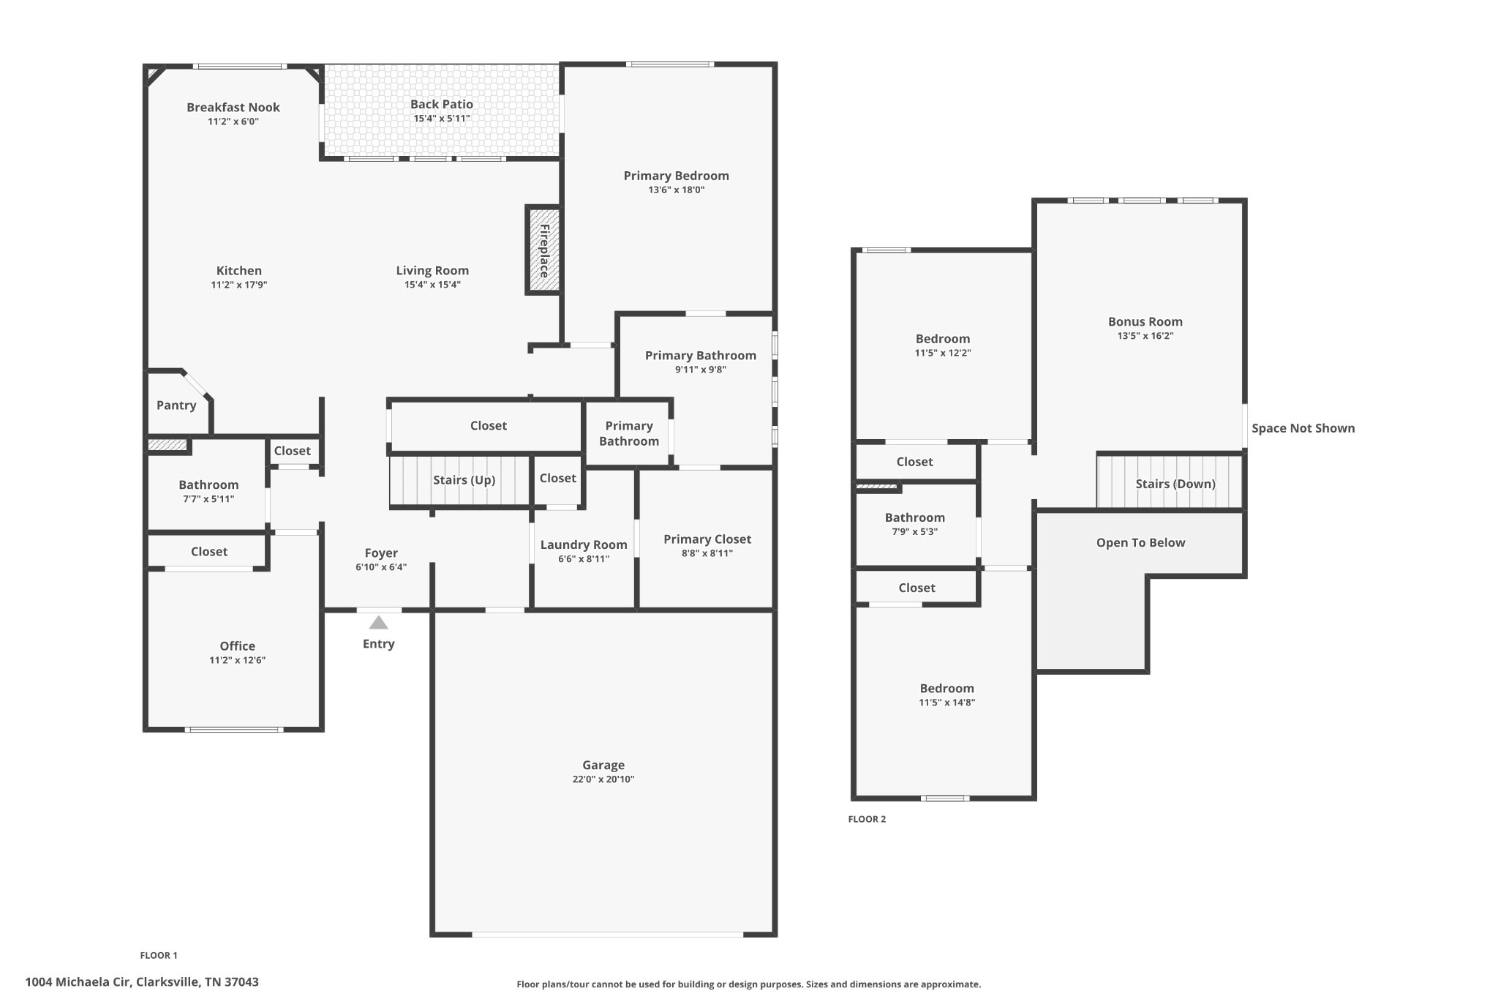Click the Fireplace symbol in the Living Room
(x=543, y=250)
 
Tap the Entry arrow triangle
(x=378, y=623)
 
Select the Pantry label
(x=176, y=405)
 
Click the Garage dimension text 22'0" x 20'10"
(x=603, y=779)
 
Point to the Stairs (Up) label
(x=464, y=480)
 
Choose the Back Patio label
(x=442, y=105)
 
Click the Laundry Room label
(x=584, y=545)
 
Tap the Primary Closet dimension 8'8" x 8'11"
(x=707, y=553)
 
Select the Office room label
(x=238, y=646)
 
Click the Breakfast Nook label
(x=233, y=108)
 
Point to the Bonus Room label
(x=1145, y=321)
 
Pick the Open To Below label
(x=1141, y=542)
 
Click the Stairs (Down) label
(x=1175, y=484)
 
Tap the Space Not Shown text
(x=1303, y=428)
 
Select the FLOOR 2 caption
(x=867, y=819)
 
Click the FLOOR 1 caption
(x=159, y=955)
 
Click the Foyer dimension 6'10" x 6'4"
(x=381, y=567)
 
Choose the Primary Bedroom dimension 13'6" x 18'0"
(x=677, y=190)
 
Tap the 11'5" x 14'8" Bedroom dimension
(x=947, y=703)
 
